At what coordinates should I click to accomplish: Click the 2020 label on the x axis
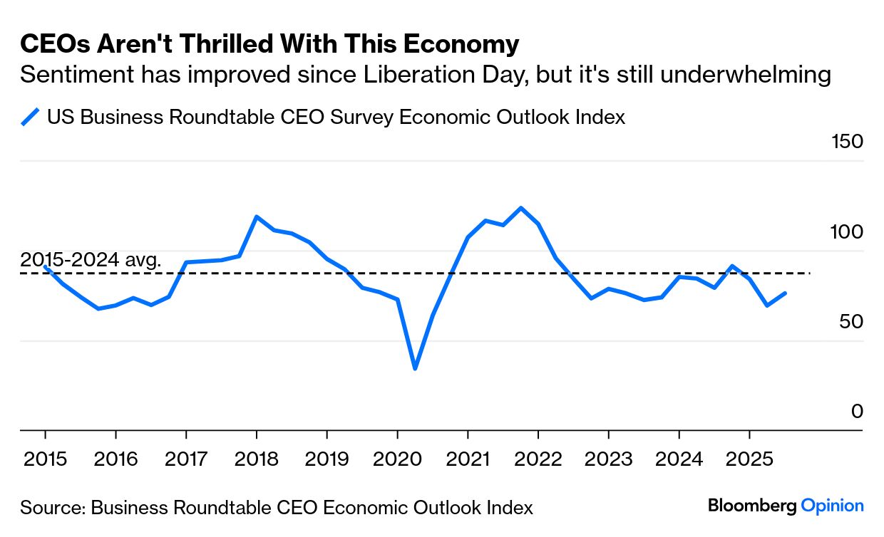click(396, 459)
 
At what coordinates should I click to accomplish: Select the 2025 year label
click(749, 459)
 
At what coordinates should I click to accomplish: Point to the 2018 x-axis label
click(256, 459)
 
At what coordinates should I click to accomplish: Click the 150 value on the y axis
click(847, 141)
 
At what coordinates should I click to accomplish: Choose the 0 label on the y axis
click(857, 412)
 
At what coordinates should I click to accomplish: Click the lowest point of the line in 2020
click(414, 368)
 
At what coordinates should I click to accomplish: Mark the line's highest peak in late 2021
click(520, 208)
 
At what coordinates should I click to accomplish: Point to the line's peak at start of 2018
click(256, 217)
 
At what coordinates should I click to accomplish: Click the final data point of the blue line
click(785, 293)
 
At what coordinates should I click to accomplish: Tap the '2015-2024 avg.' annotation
click(91, 259)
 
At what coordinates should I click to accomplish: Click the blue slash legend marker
click(30, 117)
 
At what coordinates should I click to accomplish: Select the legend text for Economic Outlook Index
click(336, 117)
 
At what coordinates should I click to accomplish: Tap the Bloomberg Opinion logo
click(786, 506)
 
